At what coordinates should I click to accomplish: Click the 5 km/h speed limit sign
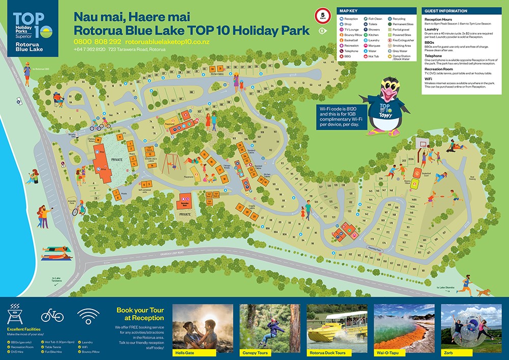pyautogui.click(x=323, y=15)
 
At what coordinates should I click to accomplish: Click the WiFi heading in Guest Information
pyautogui.click(x=429, y=79)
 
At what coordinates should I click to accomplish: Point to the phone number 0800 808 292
pyautogui.click(x=97, y=41)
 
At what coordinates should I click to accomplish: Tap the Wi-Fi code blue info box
pyautogui.click(x=340, y=117)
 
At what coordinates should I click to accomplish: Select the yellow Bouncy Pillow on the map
pyautogui.click(x=415, y=174)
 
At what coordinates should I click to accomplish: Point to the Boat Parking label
pyautogui.click(x=473, y=178)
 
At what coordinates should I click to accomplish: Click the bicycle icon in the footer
pyautogui.click(x=52, y=315)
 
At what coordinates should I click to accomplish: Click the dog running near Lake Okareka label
pyautogui.click(x=484, y=292)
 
